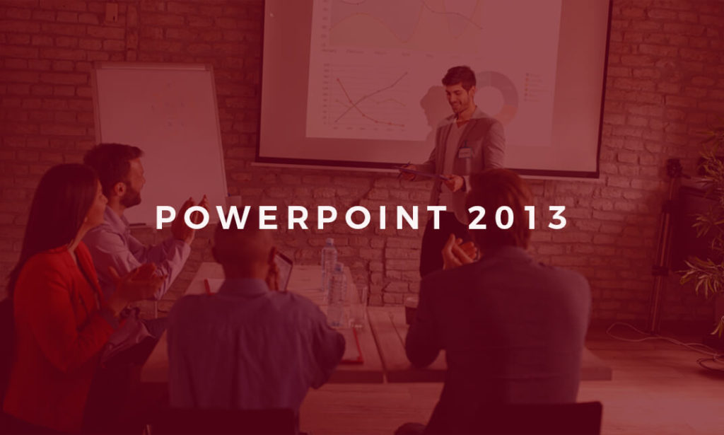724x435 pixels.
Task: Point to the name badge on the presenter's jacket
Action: tap(465, 151)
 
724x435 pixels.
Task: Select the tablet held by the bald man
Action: tap(284, 269)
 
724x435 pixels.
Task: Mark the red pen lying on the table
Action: tap(207, 286)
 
